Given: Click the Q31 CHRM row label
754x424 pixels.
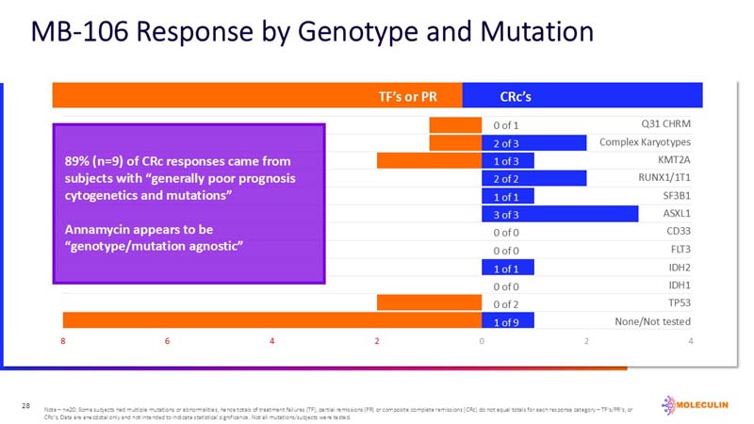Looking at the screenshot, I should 664,124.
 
